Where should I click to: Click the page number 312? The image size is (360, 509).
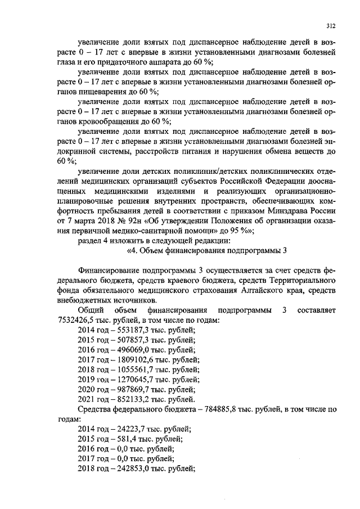tap(331, 25)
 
